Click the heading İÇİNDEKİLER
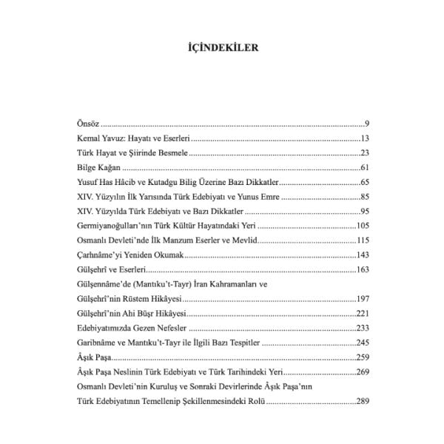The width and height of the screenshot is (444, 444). coord(221,50)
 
